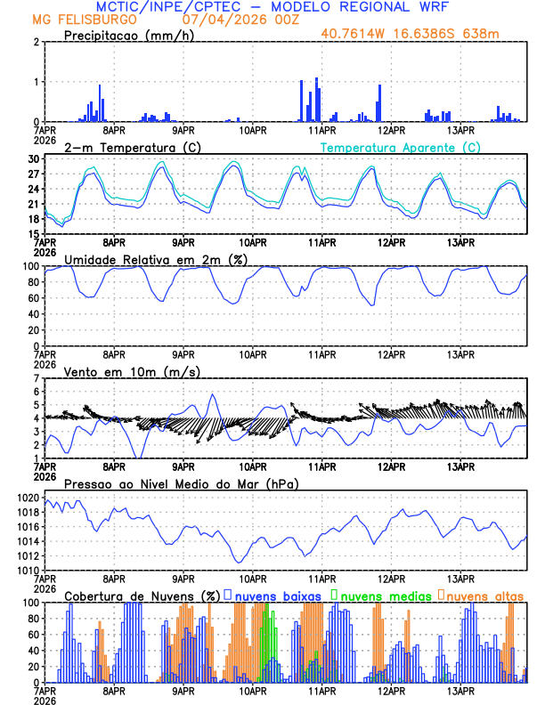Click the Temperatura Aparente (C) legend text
[400, 147]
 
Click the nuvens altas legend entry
[484, 595]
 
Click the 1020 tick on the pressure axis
[28, 498]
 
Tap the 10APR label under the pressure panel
[253, 577]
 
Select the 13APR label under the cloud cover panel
[460, 689]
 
